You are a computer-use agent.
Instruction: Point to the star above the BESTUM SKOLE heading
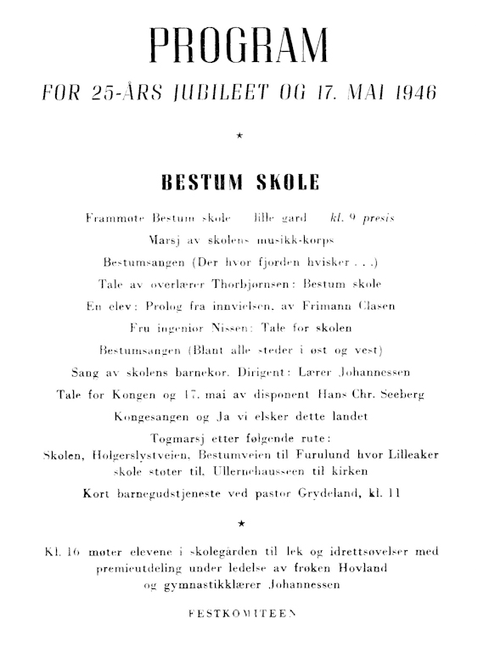click(239, 136)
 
